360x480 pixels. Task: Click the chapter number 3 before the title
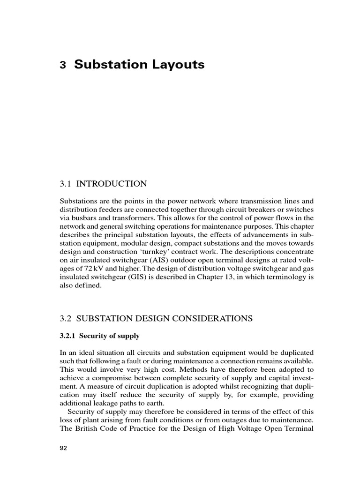click(x=62, y=66)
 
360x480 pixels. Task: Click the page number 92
click(x=64, y=448)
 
